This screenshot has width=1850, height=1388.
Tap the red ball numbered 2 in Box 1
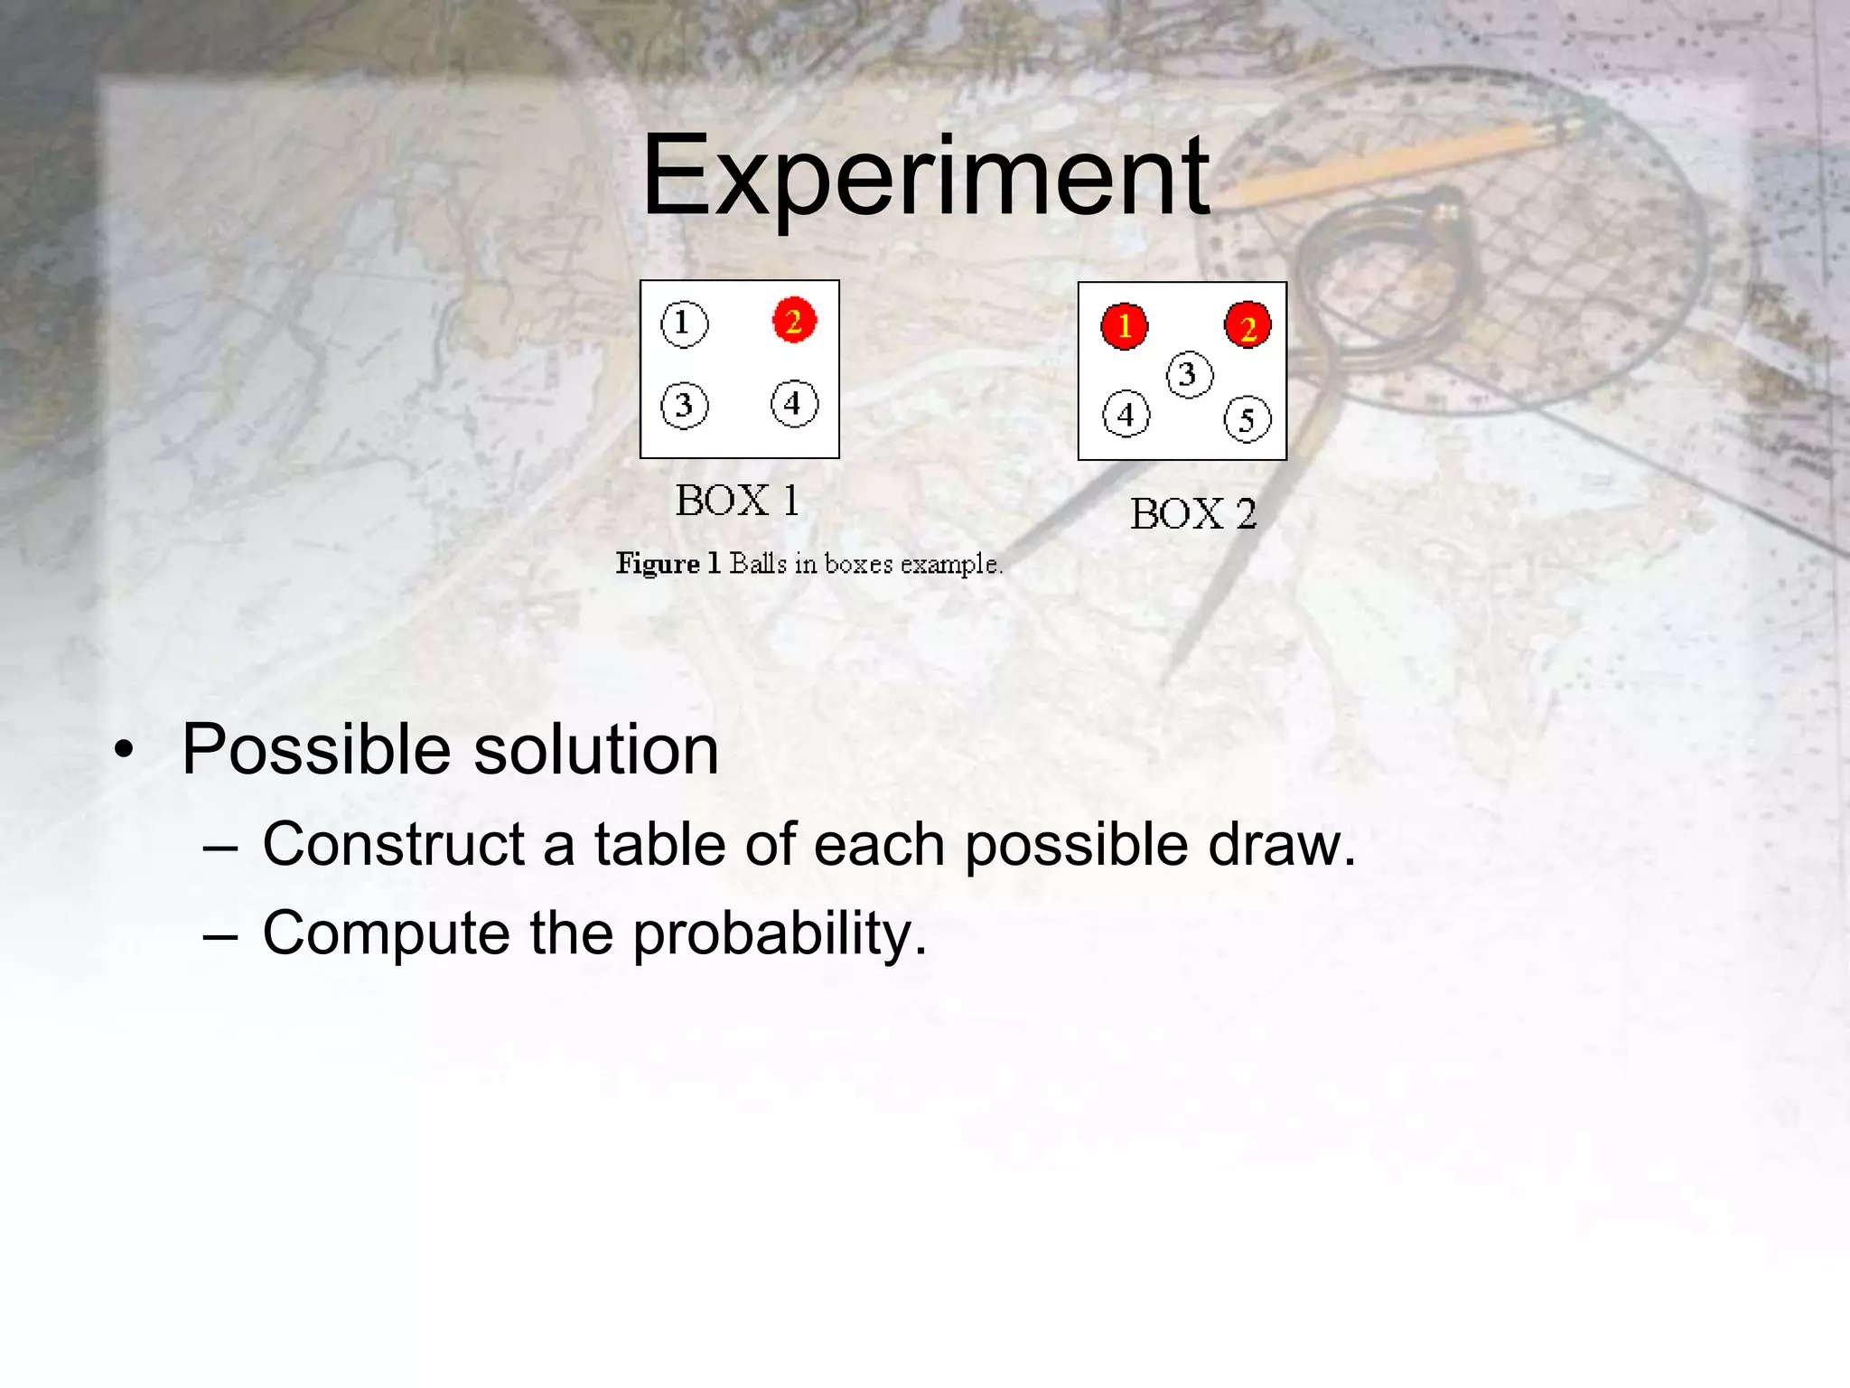pos(794,321)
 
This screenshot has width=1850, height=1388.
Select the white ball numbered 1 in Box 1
pos(684,324)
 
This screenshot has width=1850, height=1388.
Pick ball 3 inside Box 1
pos(684,406)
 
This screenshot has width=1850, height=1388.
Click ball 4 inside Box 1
pos(794,403)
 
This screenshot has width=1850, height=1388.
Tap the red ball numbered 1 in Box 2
pos(1124,325)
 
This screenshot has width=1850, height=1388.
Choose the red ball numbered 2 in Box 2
pos(1247,326)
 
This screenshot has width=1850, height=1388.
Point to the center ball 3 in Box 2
pos(1189,374)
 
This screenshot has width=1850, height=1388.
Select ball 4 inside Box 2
pos(1126,415)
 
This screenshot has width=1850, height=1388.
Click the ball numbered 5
pos(1247,419)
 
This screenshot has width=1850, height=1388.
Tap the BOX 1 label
pos(737,501)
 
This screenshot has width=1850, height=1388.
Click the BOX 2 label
pos(1193,514)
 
